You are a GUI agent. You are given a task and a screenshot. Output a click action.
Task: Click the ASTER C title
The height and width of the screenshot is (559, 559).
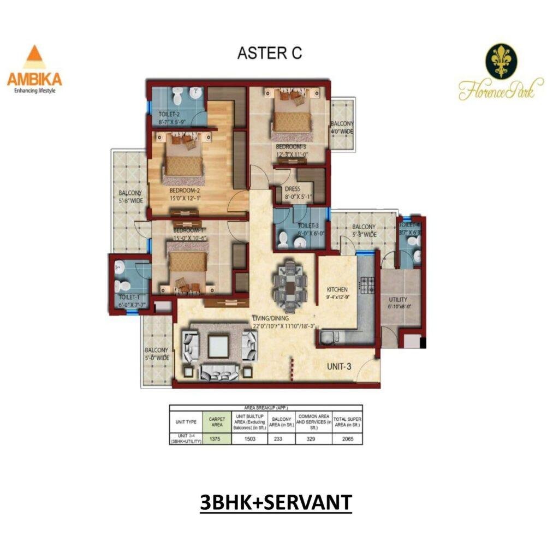[x=269, y=53]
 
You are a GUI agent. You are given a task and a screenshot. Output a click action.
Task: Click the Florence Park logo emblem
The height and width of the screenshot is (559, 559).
[x=501, y=61]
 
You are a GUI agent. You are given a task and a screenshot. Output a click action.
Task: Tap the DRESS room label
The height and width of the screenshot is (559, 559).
[x=293, y=189]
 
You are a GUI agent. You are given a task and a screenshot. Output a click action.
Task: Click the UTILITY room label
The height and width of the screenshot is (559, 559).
[x=397, y=300]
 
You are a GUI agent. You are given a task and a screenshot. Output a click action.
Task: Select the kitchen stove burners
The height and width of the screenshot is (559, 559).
[x=365, y=284]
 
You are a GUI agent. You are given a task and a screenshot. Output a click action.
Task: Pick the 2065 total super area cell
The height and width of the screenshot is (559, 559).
[x=348, y=438]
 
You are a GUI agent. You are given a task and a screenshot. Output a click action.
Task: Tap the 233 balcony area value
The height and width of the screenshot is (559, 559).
[x=281, y=438]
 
